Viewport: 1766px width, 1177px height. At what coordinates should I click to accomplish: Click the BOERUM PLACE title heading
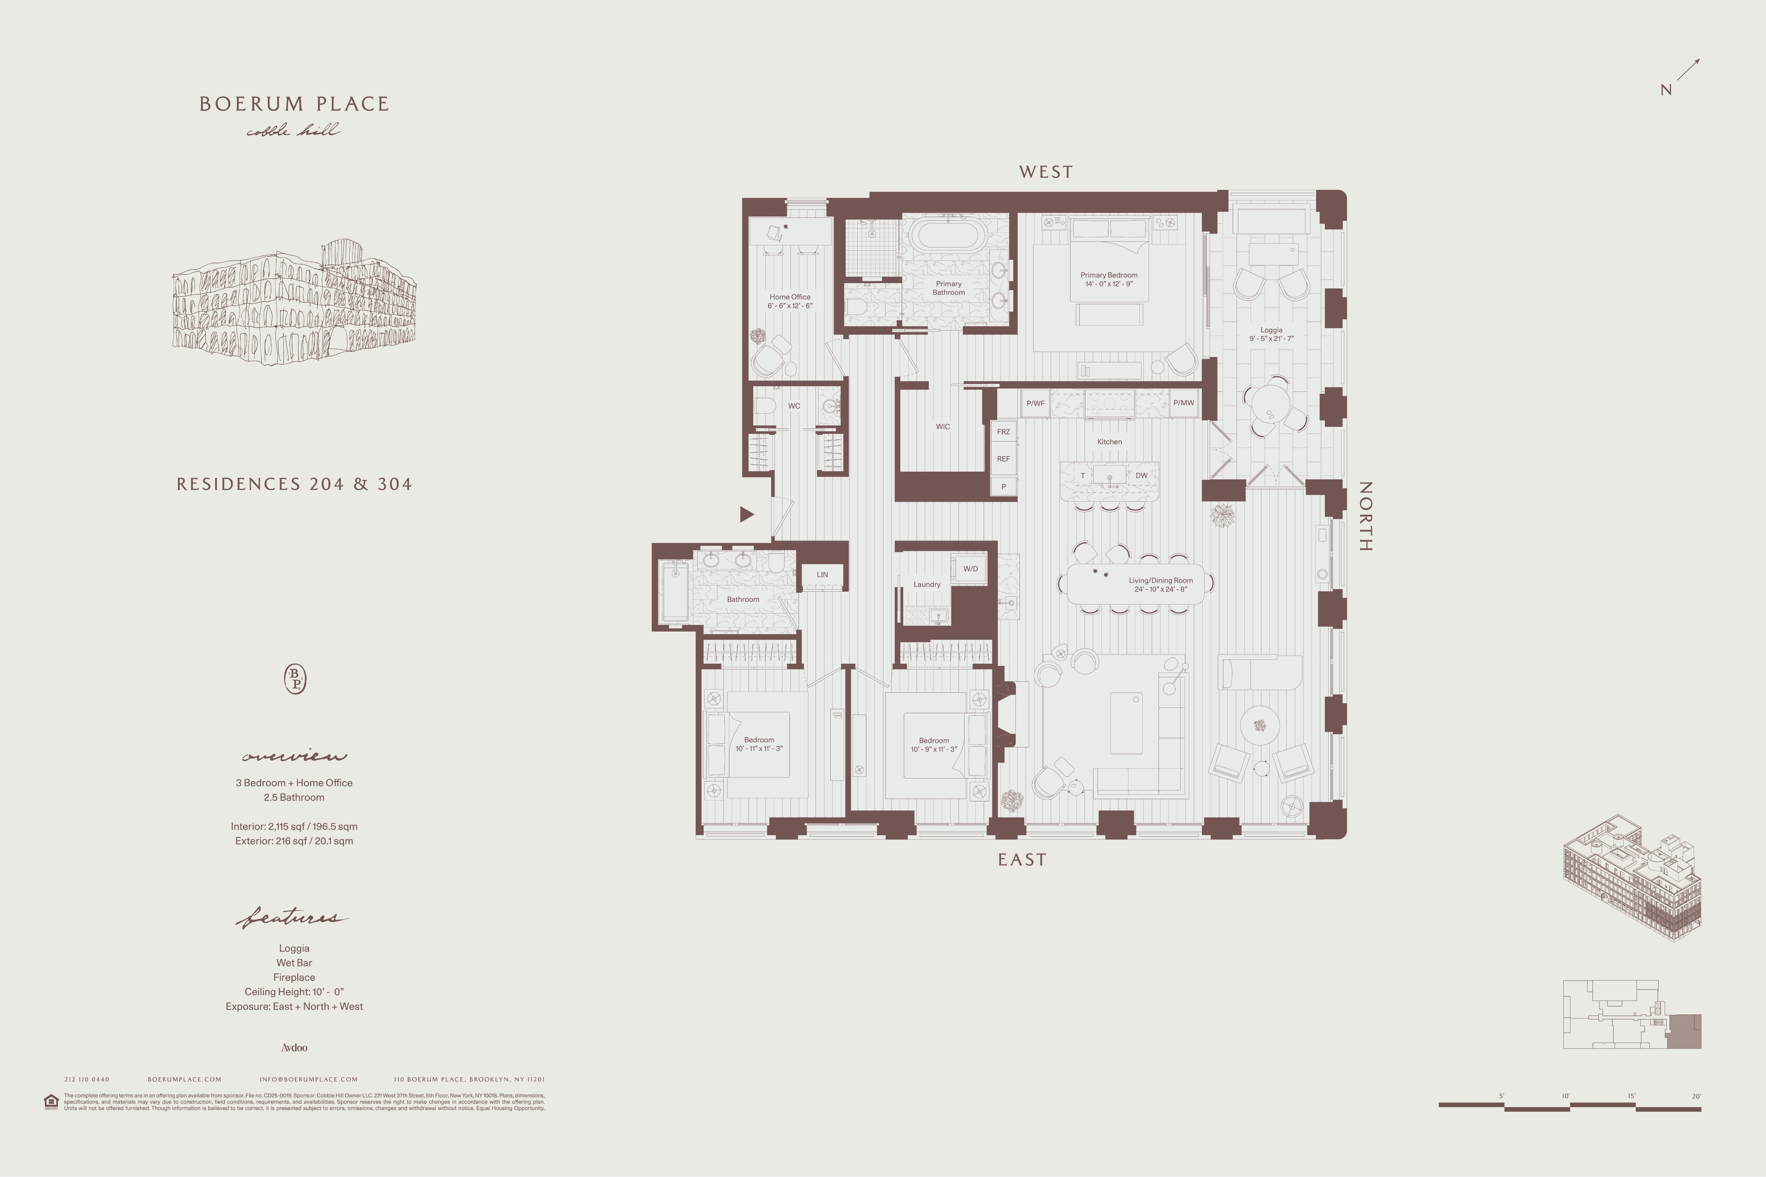point(294,103)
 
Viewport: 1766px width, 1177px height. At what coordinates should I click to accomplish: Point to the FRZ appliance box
point(1003,432)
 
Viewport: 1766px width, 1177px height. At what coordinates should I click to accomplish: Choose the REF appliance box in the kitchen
point(1003,459)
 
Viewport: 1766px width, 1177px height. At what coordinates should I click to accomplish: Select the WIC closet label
point(942,426)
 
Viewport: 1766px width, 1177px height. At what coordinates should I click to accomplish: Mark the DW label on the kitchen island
point(1140,475)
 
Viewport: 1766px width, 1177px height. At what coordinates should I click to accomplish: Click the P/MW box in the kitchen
point(1183,403)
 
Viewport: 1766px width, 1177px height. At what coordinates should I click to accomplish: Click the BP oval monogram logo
point(295,679)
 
